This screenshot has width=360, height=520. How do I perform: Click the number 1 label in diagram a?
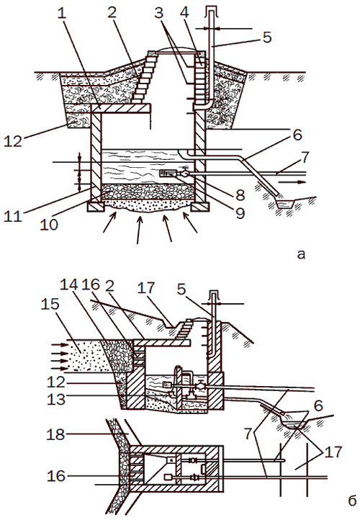62,13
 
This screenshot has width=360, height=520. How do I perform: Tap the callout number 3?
159,13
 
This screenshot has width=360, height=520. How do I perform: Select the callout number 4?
184,12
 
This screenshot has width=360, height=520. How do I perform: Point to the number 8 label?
240,195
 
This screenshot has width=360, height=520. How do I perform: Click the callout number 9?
240,212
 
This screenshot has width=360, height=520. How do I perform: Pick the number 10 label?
49,225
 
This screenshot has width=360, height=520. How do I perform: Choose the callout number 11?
12,216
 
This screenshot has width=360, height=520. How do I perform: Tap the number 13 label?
56,399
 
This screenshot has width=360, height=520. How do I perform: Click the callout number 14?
69,284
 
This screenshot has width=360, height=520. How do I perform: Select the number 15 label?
50,304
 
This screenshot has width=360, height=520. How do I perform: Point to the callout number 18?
55,434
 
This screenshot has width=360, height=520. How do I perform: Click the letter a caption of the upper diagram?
301,254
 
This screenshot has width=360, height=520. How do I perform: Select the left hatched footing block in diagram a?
96,207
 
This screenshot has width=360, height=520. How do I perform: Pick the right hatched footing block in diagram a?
200,207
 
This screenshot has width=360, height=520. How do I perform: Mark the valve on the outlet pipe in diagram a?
184,173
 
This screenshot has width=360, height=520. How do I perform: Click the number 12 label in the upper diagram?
13,141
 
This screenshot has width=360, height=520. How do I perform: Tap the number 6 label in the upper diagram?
297,135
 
